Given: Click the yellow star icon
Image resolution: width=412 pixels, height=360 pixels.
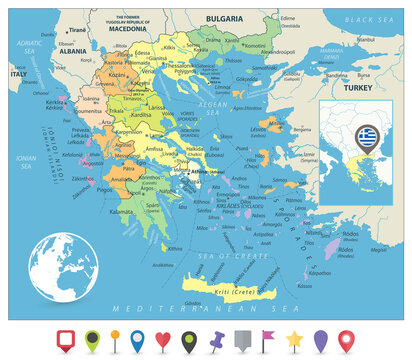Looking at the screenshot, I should point(295,338).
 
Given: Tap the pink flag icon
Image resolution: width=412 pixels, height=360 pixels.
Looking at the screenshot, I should point(270,338).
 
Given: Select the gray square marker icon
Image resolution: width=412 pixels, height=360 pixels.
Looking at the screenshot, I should point(243,338).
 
